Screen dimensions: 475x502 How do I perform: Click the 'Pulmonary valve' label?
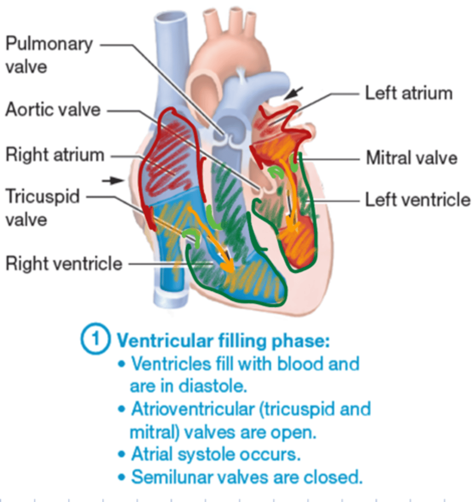tap(49, 55)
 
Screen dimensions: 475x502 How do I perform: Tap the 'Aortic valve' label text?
tap(53, 110)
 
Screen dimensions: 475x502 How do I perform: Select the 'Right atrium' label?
tap(55, 155)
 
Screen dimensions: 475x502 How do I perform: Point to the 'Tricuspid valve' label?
tap(42, 207)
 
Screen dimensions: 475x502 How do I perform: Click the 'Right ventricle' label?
tap(64, 264)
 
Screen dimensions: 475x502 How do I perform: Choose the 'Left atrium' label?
tap(409, 93)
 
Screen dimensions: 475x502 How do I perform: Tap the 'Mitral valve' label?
tap(412, 158)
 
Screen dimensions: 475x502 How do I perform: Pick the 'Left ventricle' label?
tap(418, 200)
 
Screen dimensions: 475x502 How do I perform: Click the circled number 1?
tap(95, 339)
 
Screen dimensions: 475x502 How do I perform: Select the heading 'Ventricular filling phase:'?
tap(223, 341)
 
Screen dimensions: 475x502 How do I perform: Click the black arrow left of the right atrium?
tap(113, 180)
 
